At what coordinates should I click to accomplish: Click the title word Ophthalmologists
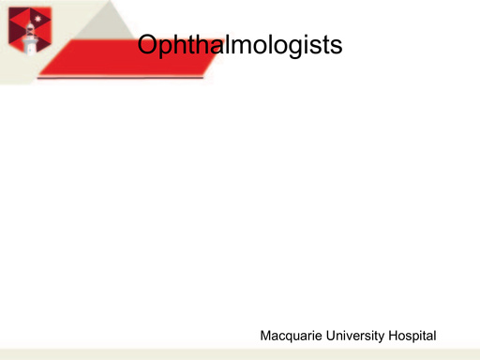(238, 45)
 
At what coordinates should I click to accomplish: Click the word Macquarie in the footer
(291, 336)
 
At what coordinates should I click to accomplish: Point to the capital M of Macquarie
(265, 335)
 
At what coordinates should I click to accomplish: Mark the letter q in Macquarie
(292, 337)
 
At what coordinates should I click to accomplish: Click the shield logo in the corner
(24, 29)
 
